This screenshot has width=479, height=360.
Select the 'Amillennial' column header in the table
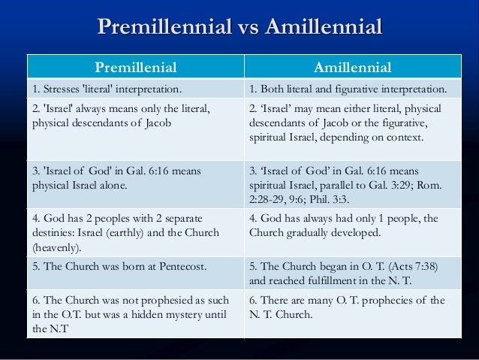point(352,68)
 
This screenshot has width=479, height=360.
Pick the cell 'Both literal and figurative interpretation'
point(347,90)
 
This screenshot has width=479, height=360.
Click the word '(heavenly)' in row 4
point(53,247)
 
